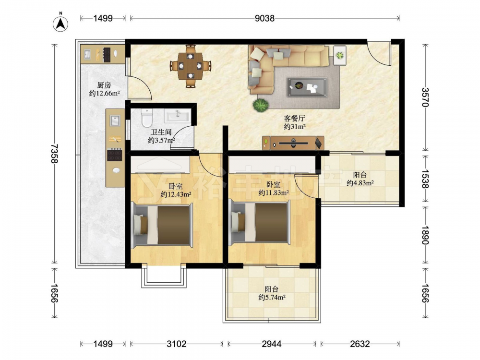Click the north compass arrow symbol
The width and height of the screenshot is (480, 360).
pos(60,23)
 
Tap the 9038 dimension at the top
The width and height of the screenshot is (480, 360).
pos(265,18)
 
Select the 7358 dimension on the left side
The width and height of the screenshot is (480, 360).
pos(54,154)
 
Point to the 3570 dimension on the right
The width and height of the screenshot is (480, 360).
pos(425,97)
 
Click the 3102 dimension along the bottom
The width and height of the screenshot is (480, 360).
pos(177,344)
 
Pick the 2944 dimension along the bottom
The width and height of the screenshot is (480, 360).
pos(272,344)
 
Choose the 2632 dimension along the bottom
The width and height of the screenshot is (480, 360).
pos(360,344)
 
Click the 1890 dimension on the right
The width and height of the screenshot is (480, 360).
pos(425,235)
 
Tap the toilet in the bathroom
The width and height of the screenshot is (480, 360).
pos(147,118)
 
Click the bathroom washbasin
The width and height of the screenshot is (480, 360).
pos(178,116)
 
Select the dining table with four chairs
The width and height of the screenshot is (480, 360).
pos(191,66)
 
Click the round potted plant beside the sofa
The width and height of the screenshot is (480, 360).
pos(261,105)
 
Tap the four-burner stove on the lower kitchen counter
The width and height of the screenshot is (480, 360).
pos(115,155)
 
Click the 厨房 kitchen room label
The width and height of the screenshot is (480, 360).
pos(104,85)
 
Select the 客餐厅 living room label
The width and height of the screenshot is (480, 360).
pos(295,118)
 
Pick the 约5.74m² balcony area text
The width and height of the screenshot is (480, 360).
pos(272,297)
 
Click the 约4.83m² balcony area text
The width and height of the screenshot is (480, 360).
pos(360,183)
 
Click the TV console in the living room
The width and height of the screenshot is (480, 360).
pos(293,143)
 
